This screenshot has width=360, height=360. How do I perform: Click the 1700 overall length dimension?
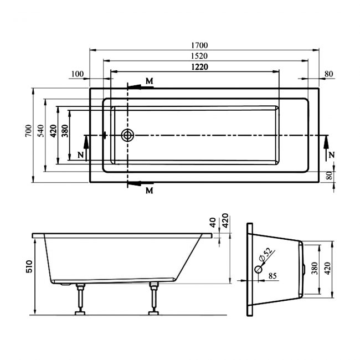pyautogui.click(x=201, y=44)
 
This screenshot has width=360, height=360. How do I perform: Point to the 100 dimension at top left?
pyautogui.click(x=78, y=74)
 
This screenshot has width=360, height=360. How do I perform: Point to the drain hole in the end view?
pyautogui.click(x=258, y=270)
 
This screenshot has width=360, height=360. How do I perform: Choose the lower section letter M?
pyautogui.click(x=149, y=191)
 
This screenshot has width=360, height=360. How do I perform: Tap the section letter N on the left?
pyautogui.click(x=81, y=155)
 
